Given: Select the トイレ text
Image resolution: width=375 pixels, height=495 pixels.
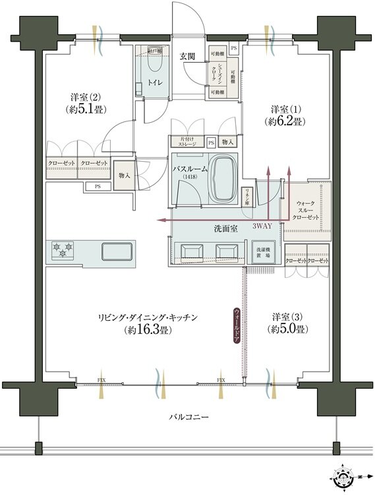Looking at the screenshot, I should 156,82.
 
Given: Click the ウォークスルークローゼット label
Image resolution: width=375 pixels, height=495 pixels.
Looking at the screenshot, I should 307,211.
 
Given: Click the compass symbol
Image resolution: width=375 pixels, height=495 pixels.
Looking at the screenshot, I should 344,476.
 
